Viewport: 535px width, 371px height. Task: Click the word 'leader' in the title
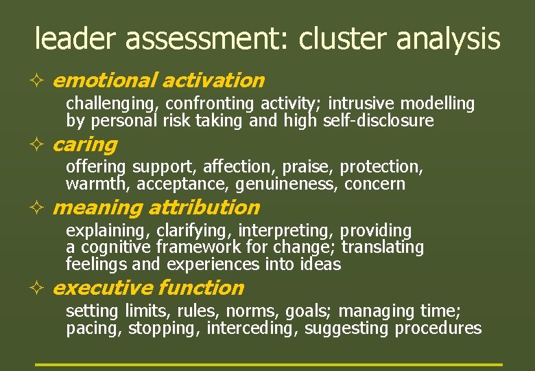tap(76, 39)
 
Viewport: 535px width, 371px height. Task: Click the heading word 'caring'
tap(84, 145)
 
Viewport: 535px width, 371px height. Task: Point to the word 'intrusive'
tap(361, 104)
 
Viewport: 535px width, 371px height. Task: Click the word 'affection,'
tap(241, 167)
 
